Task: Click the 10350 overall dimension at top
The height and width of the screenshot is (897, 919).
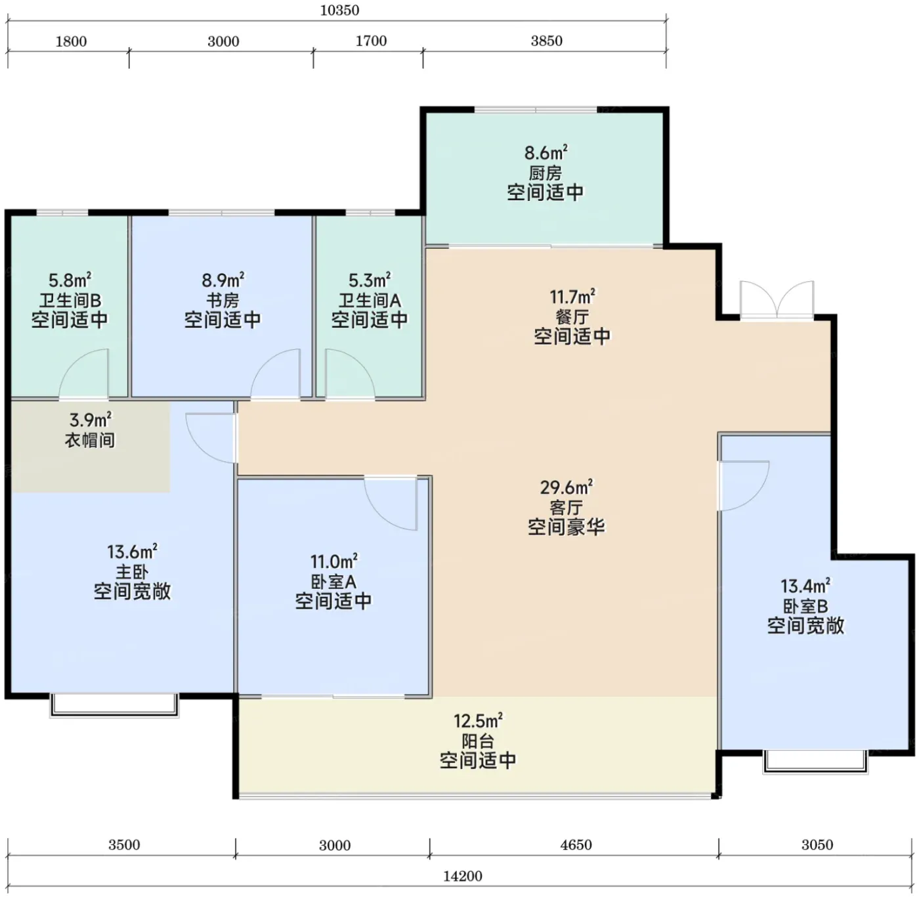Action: tap(339, 11)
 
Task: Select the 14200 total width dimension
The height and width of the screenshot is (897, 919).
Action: tap(462, 876)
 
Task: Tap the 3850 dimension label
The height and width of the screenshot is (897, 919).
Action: tap(546, 41)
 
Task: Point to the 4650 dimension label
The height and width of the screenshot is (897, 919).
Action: tap(576, 844)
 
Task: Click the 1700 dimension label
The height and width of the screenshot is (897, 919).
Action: tap(371, 41)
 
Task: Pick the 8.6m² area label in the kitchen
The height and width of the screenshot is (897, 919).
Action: tap(546, 152)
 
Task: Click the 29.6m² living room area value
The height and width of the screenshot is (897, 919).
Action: tap(566, 487)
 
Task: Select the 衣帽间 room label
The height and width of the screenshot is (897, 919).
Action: tap(90, 440)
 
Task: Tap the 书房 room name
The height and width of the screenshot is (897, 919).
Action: tap(223, 300)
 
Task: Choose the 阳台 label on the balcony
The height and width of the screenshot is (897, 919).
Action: tap(478, 741)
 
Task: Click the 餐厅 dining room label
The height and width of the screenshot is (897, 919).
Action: tap(572, 317)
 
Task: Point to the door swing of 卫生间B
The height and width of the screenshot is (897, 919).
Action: tap(84, 374)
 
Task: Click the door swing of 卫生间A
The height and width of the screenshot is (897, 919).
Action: tap(350, 374)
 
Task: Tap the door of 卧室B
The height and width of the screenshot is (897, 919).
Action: tap(744, 485)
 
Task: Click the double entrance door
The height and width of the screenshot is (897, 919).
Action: tap(777, 299)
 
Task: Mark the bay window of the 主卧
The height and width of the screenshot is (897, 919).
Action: tap(114, 705)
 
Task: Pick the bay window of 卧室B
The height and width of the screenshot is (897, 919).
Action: tap(815, 762)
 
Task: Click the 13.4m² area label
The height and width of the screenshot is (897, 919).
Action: tap(805, 586)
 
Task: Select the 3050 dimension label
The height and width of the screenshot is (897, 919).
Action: tap(817, 844)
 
